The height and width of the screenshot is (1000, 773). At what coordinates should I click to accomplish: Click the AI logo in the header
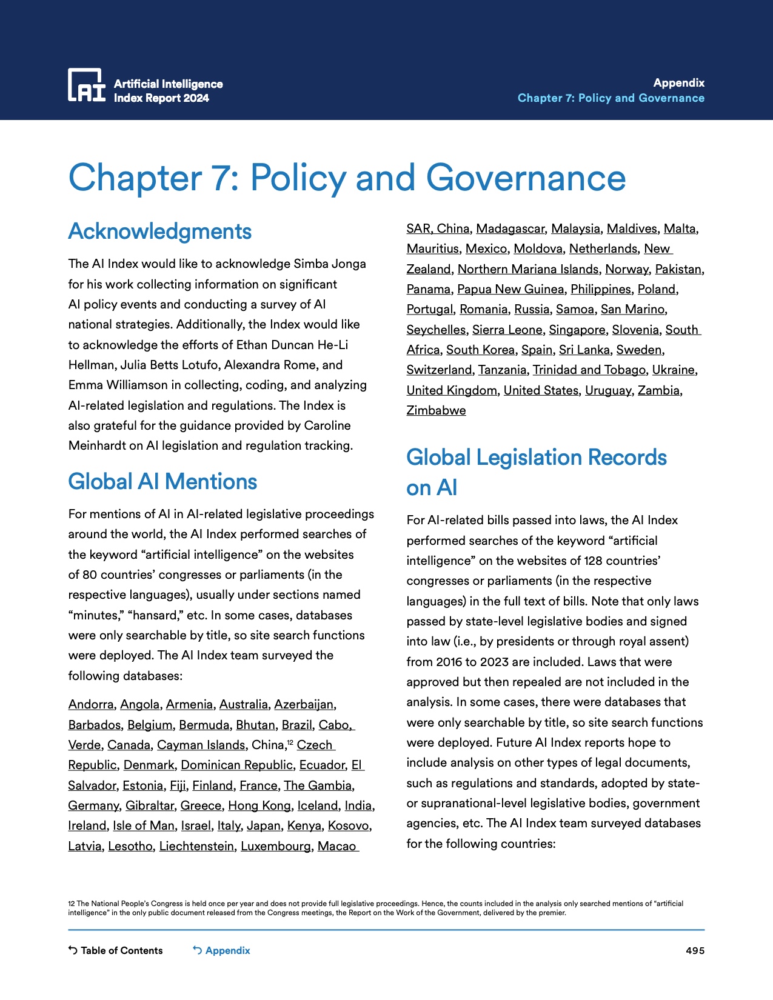point(87,85)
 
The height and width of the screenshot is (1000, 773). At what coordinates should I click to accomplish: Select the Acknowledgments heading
point(160,232)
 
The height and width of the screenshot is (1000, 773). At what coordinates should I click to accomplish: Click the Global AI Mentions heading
point(162,482)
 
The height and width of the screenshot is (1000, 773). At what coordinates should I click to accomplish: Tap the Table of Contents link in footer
point(116,950)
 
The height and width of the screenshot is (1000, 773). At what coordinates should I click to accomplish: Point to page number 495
point(695,950)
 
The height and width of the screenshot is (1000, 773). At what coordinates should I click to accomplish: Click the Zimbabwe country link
point(436,410)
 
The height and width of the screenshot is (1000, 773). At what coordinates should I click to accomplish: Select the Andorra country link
point(91,704)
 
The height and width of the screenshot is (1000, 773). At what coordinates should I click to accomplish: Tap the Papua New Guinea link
point(510,289)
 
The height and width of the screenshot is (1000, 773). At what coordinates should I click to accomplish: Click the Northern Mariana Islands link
point(527,269)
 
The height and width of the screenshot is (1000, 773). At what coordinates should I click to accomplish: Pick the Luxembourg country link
point(276,846)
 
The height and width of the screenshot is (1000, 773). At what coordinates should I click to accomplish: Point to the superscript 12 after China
point(290,742)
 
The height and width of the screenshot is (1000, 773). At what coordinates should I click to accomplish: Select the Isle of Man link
point(144,825)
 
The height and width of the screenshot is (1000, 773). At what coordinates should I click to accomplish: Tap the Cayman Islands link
point(201,745)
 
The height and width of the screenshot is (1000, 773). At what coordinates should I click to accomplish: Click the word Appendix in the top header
point(678,83)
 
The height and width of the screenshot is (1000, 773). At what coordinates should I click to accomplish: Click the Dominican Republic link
point(237,765)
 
